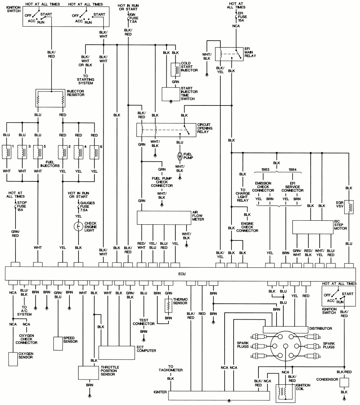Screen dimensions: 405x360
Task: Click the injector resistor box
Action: click(51, 98)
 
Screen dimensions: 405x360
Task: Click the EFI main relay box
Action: click(229, 54)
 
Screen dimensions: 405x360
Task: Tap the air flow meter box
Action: click(164, 218)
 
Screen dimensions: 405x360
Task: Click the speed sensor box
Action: click(58, 343)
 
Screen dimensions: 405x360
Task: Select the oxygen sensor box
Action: click(13, 359)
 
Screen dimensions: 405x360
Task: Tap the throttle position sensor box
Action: click(89, 373)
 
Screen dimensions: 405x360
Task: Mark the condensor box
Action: click(345, 382)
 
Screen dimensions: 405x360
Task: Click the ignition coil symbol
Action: click(285, 393)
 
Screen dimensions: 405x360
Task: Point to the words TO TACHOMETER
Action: click(170, 370)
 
